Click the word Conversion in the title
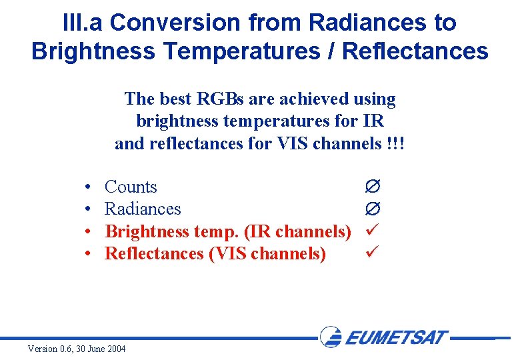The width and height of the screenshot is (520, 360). [176, 23]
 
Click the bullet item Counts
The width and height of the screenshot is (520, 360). [131, 187]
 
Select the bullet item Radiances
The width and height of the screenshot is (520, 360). [143, 209]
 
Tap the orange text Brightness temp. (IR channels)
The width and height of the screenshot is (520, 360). [228, 231]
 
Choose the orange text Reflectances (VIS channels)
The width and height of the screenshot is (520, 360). [215, 253]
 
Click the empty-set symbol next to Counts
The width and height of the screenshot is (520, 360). [372, 187]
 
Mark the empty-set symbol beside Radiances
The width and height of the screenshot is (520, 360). [372, 209]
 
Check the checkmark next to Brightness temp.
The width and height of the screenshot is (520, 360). [372, 231]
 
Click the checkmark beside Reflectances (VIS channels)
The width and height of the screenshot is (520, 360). [372, 253]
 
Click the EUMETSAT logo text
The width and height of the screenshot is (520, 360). [396, 337]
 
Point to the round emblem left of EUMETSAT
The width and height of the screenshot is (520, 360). [331, 337]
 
